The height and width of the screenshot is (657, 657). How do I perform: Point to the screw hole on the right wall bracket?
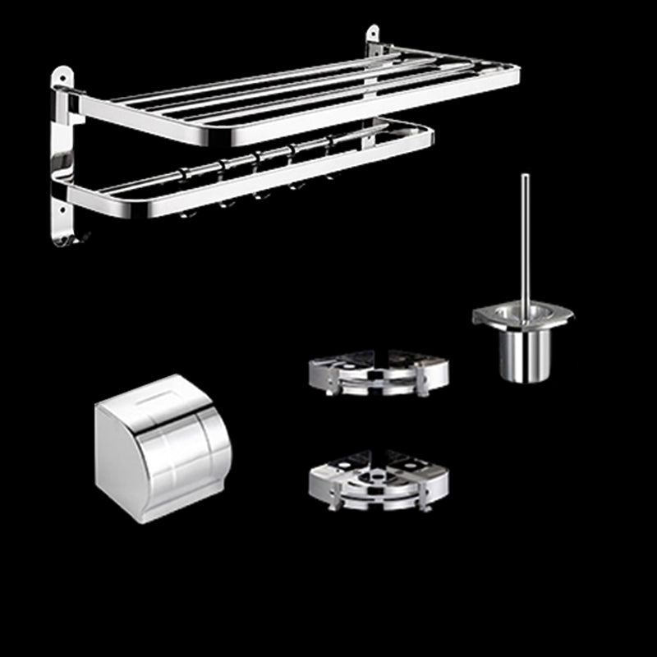pos(372,36)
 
